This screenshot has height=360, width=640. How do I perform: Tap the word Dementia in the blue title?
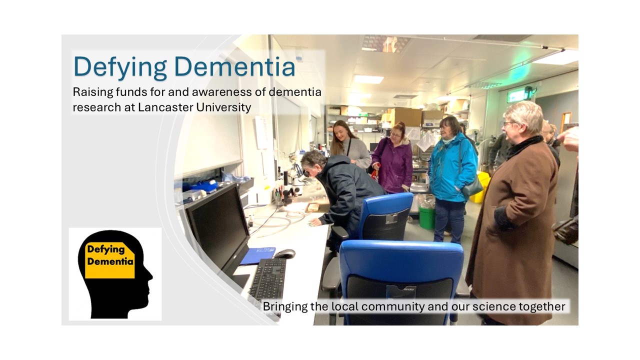(x=234, y=66)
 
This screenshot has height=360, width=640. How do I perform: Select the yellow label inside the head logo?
(x=110, y=260)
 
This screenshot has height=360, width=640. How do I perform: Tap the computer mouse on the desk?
(x=284, y=253)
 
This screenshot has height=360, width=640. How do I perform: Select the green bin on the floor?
(x=426, y=218)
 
